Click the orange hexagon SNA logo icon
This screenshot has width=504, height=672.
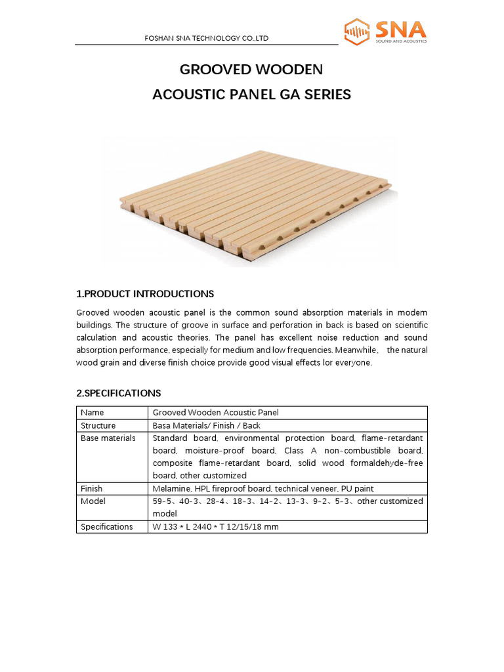click(x=358, y=31)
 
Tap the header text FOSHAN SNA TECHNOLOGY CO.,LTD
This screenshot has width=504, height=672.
click(x=207, y=39)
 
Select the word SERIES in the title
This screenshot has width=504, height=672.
click(x=326, y=94)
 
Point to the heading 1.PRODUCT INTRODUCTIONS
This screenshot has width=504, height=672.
click(x=145, y=293)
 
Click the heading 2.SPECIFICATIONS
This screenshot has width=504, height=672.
click(x=119, y=393)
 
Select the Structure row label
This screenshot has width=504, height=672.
click(x=98, y=425)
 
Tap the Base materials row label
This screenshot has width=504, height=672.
click(x=108, y=438)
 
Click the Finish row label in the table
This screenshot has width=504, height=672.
click(x=91, y=488)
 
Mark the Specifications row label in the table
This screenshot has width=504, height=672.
click(x=106, y=526)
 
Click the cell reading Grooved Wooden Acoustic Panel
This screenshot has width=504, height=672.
click(x=215, y=413)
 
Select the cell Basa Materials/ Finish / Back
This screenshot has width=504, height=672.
click(x=206, y=425)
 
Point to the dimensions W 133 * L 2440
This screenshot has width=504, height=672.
click(x=190, y=526)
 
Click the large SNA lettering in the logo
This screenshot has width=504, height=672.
click(x=400, y=29)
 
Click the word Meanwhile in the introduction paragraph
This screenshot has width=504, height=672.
click(x=356, y=350)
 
